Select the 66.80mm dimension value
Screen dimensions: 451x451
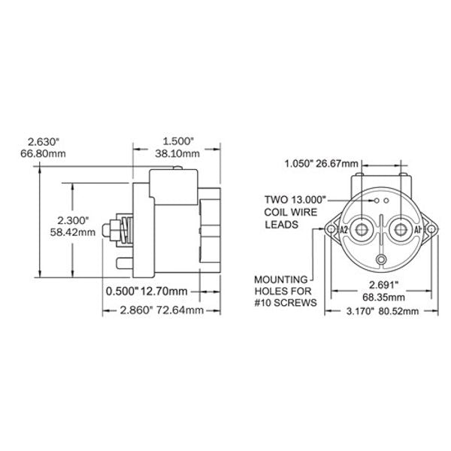click(x=43, y=154)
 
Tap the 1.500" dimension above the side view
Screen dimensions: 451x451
click(x=179, y=141)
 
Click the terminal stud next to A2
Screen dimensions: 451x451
click(x=363, y=229)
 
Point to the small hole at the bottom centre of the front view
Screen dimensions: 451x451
click(x=381, y=260)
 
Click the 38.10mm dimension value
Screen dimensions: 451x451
click(x=181, y=154)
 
